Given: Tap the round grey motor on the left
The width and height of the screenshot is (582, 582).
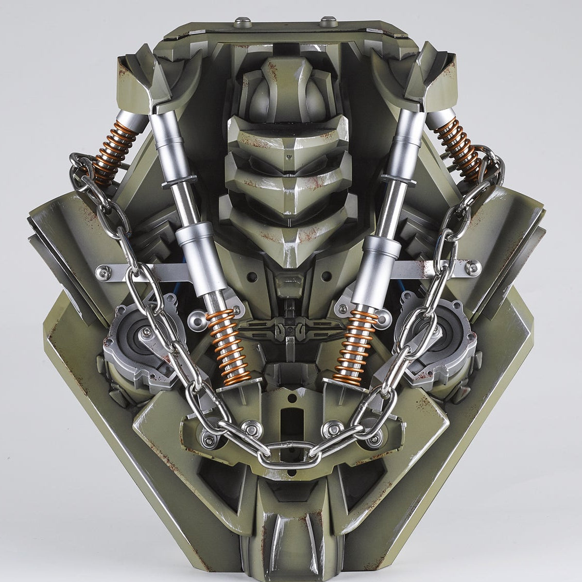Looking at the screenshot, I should click(x=131, y=337).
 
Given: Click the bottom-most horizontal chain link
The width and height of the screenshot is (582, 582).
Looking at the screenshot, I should click(x=291, y=452).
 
